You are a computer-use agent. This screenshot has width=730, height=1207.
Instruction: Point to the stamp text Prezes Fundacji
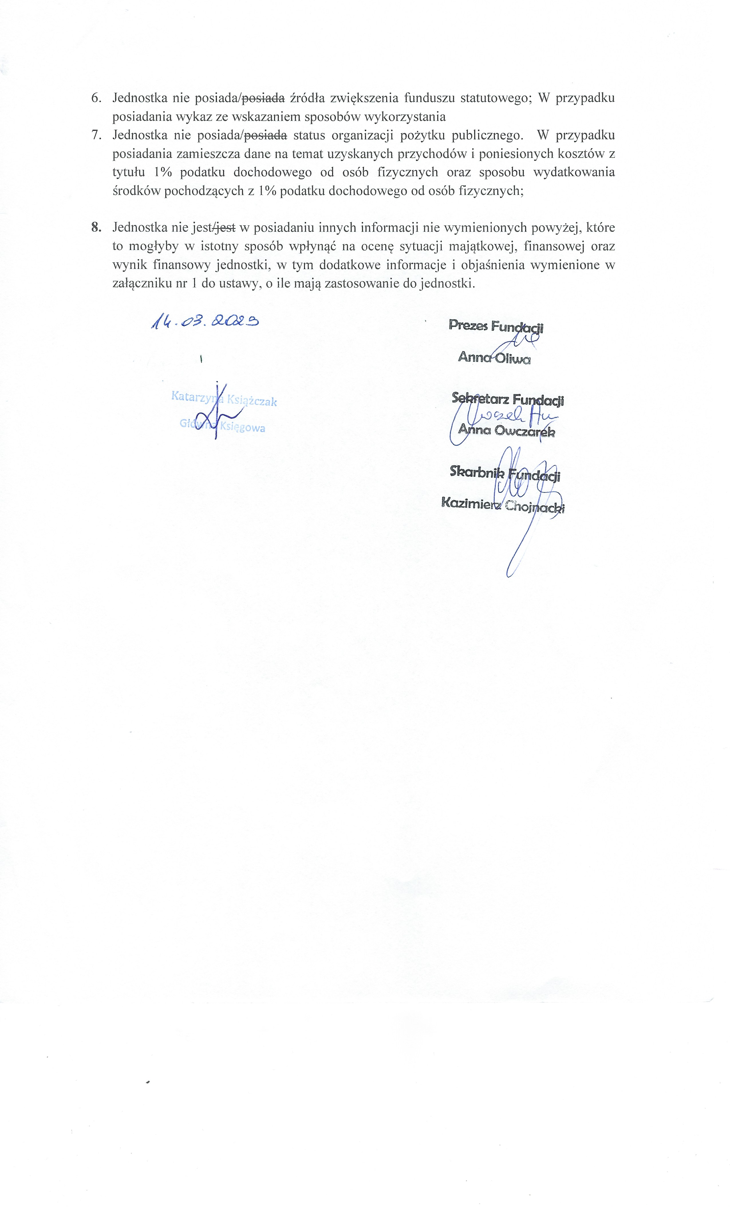[x=496, y=326]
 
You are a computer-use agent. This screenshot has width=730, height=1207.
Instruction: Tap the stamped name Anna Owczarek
[x=506, y=431]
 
